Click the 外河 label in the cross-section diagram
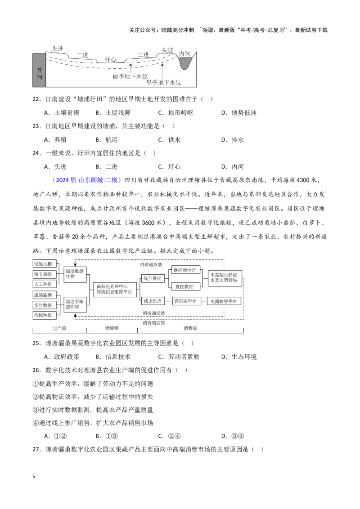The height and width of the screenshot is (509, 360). click(39, 73)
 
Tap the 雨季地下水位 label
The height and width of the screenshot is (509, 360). click(130, 76)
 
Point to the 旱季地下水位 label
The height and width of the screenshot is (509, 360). click(164, 82)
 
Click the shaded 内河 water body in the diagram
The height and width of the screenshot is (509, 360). click(186, 63)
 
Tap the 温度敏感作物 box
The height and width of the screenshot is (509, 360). click(75, 274)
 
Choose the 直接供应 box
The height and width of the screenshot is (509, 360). click(184, 286)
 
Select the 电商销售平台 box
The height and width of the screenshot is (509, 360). click(224, 301)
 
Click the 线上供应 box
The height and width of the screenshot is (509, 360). click(153, 301)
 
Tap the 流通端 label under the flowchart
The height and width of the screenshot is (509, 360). click(112, 328)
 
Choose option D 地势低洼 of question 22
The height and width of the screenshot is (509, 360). click(239, 113)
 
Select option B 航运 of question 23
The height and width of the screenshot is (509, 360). click(107, 139)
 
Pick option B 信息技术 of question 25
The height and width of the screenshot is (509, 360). click(113, 357)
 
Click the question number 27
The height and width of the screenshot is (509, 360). click(36, 449)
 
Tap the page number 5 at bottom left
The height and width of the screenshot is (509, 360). click(34, 477)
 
